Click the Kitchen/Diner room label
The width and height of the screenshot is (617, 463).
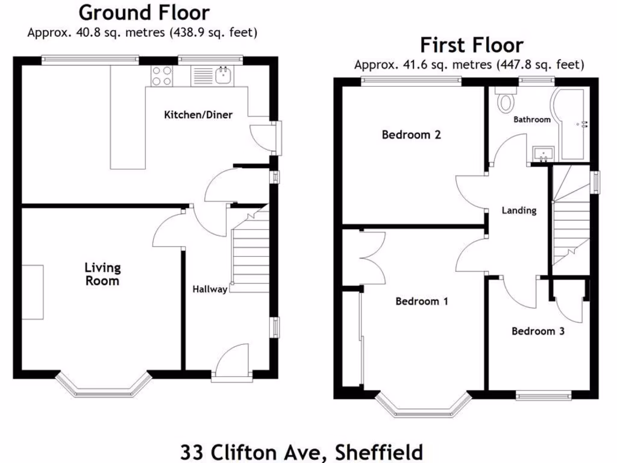(198, 115)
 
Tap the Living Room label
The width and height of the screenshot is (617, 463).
(102, 274)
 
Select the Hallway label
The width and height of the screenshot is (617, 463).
(210, 289)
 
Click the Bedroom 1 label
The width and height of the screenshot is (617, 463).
(421, 301)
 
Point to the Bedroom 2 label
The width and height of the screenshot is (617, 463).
(411, 134)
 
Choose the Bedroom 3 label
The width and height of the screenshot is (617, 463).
(537, 331)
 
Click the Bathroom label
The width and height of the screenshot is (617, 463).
(531, 119)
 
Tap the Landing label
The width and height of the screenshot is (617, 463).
(519, 210)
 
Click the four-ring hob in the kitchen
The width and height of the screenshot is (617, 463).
(161, 75)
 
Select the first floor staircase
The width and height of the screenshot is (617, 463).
(570, 217)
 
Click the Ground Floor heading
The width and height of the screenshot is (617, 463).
(144, 12)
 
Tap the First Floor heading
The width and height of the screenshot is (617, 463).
(471, 45)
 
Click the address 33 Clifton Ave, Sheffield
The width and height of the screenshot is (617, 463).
(301, 452)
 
